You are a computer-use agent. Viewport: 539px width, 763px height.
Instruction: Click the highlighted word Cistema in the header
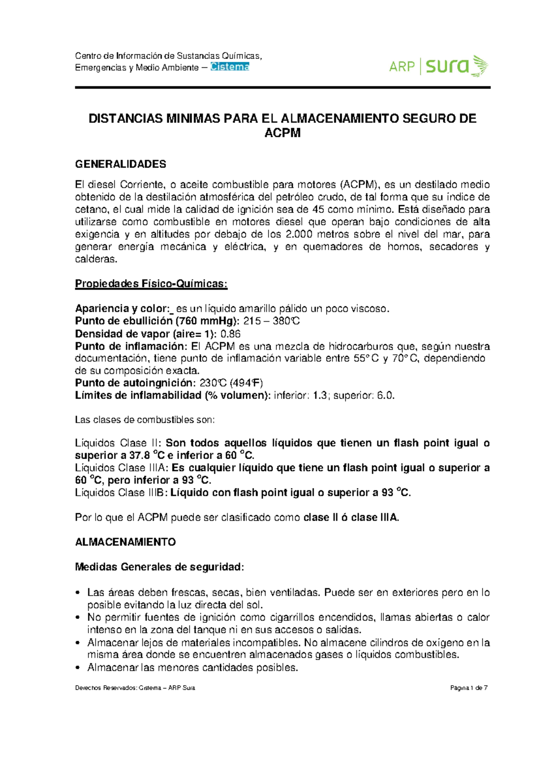pyautogui.click(x=230, y=67)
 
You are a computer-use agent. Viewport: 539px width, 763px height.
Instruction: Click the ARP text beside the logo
pyautogui.click(x=402, y=67)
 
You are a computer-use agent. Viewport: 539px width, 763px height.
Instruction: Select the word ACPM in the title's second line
pyautogui.click(x=282, y=133)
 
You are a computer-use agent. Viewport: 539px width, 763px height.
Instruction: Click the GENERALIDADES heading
pyautogui.click(x=120, y=164)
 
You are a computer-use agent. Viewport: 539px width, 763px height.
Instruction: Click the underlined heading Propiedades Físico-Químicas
pyautogui.click(x=151, y=284)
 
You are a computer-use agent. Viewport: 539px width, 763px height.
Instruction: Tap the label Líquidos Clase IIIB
pyautogui.click(x=120, y=492)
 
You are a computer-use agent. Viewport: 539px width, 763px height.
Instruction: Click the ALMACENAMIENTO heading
pyautogui.click(x=125, y=542)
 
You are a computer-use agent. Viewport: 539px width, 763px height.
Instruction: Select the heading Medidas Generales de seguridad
pyautogui.click(x=159, y=567)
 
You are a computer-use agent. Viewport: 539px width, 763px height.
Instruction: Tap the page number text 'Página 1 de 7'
pyautogui.click(x=469, y=688)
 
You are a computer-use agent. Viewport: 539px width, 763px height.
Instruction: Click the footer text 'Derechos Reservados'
pyautogui.click(x=105, y=688)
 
